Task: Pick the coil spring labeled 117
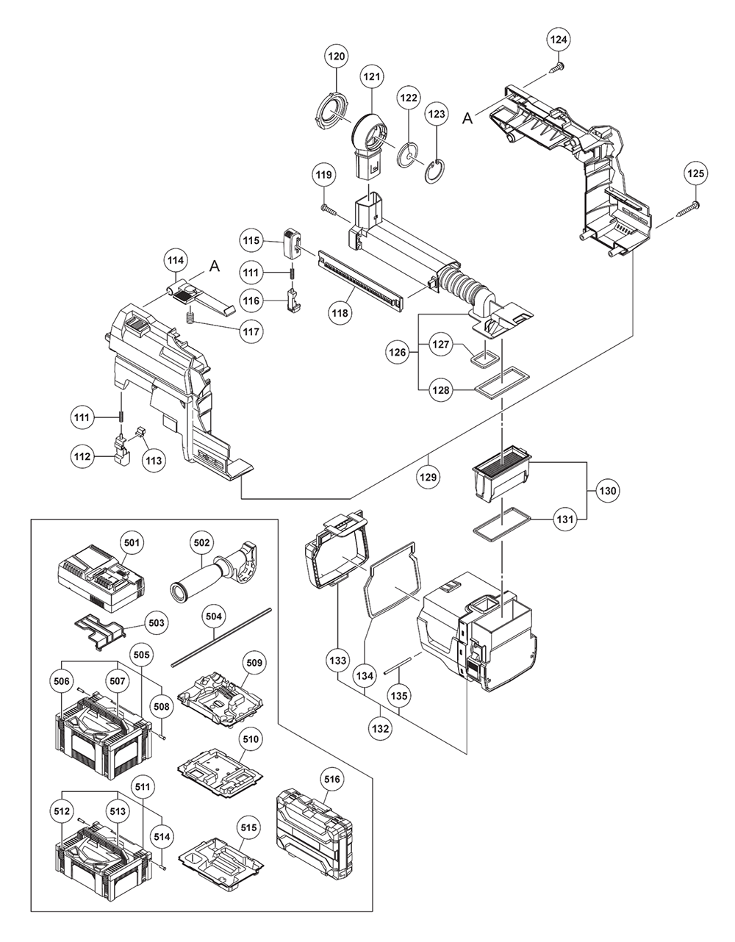point(190,317)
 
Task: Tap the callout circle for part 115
point(251,240)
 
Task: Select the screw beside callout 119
point(329,212)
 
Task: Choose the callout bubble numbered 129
point(429,477)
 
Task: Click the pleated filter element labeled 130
point(503,470)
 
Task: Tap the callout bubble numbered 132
point(381,728)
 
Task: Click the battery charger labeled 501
point(101,576)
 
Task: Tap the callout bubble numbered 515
point(251,827)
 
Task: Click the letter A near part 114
point(215,267)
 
